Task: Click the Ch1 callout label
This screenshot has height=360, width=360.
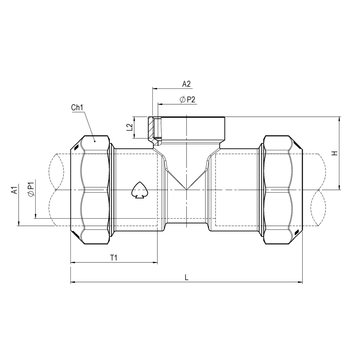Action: click(x=77, y=108)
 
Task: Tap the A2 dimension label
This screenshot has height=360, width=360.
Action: click(x=186, y=84)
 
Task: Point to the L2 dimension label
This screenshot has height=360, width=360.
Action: click(x=130, y=127)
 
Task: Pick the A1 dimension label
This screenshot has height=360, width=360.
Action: click(x=13, y=191)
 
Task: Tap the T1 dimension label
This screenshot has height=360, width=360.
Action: click(x=114, y=258)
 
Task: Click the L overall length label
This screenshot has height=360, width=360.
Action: click(x=186, y=278)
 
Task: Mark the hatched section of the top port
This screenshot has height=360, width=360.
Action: click(x=151, y=128)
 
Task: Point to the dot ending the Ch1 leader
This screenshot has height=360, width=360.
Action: click(x=94, y=141)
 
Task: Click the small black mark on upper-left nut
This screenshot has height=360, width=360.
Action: click(x=76, y=148)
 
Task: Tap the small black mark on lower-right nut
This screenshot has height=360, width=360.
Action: click(x=296, y=233)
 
